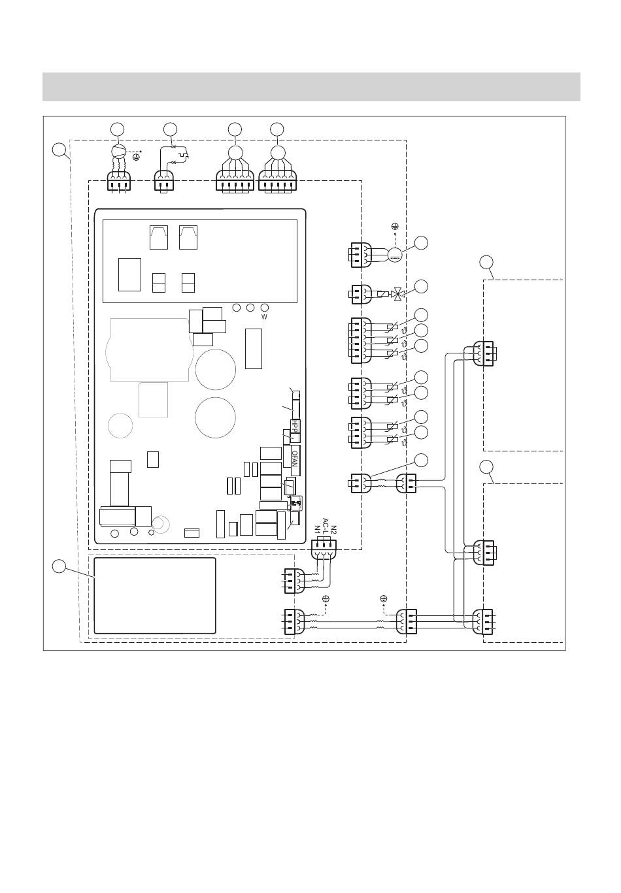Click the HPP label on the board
point(295,426)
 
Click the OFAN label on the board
point(295,461)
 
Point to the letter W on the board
point(265,317)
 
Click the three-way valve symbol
point(397,294)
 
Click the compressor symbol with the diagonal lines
point(117,152)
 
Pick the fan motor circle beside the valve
point(394,255)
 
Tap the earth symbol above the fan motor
point(395,225)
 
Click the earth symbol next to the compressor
point(136,157)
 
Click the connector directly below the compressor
point(119,181)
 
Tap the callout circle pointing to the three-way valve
point(422,286)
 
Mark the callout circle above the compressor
point(117,128)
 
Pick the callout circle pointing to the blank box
point(59,566)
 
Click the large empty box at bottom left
point(155,595)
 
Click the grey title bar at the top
point(311,87)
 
